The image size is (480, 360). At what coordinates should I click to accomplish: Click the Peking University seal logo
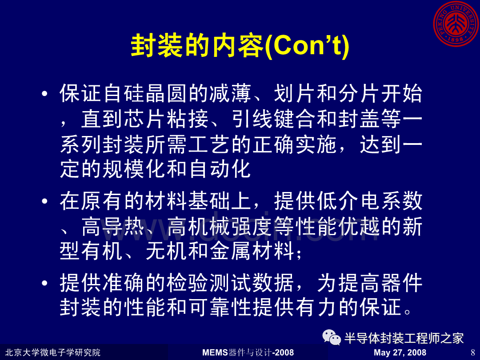[x=456, y=24]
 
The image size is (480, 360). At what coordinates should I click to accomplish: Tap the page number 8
[x=473, y=352]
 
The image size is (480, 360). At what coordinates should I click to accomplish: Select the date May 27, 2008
[x=400, y=352]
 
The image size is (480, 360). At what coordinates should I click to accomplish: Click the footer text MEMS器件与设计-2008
[x=248, y=352]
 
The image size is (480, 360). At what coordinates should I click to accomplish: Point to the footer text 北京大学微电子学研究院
[x=52, y=352]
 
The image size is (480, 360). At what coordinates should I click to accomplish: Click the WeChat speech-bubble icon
[x=332, y=337]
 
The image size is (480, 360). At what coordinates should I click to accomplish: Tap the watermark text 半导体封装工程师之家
[x=404, y=338]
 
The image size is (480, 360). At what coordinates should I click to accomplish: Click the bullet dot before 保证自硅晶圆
[x=45, y=93]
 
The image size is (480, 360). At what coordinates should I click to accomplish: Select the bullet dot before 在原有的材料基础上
[x=45, y=201]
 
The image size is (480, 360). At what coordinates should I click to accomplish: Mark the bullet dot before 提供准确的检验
[x=45, y=283]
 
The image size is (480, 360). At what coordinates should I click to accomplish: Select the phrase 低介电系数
[x=370, y=201]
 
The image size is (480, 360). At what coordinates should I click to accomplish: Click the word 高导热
[x=113, y=227]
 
